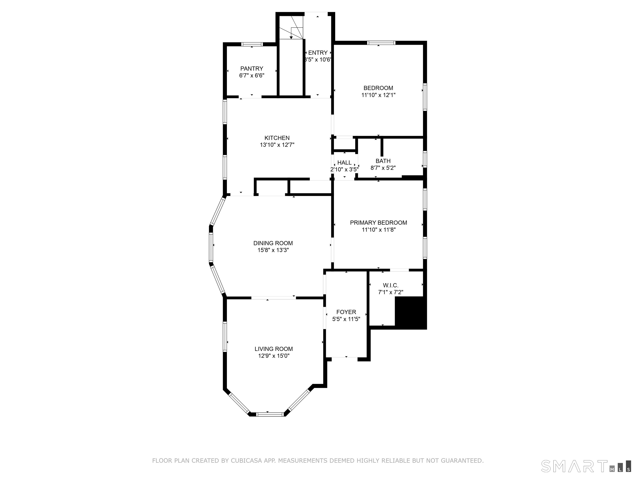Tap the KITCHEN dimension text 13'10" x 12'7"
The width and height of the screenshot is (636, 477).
277,145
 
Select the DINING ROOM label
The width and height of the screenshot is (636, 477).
273,243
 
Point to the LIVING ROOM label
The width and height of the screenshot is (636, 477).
274,349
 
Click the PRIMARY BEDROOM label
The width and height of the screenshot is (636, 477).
378,223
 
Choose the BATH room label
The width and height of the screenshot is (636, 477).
383,161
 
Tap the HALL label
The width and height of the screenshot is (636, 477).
344,163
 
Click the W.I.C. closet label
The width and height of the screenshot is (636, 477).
390,285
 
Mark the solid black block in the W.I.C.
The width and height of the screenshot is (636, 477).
410,313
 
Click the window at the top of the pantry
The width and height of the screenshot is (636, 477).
252,44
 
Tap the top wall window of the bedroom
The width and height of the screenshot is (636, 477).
381,43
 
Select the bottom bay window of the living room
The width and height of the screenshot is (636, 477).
270,414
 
